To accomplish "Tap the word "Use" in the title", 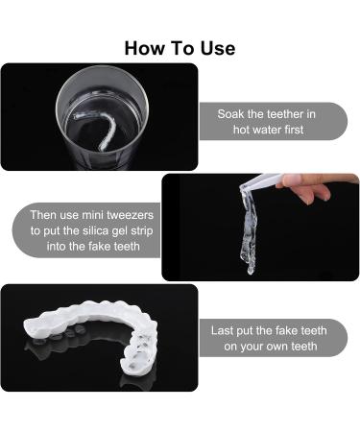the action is [x=218, y=48].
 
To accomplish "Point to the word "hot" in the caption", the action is [x=242, y=130].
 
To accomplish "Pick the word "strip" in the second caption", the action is [x=142, y=231].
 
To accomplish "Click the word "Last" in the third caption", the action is [x=222, y=330].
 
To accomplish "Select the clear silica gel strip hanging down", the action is [x=249, y=230].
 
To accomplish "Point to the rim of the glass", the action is [x=103, y=67].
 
